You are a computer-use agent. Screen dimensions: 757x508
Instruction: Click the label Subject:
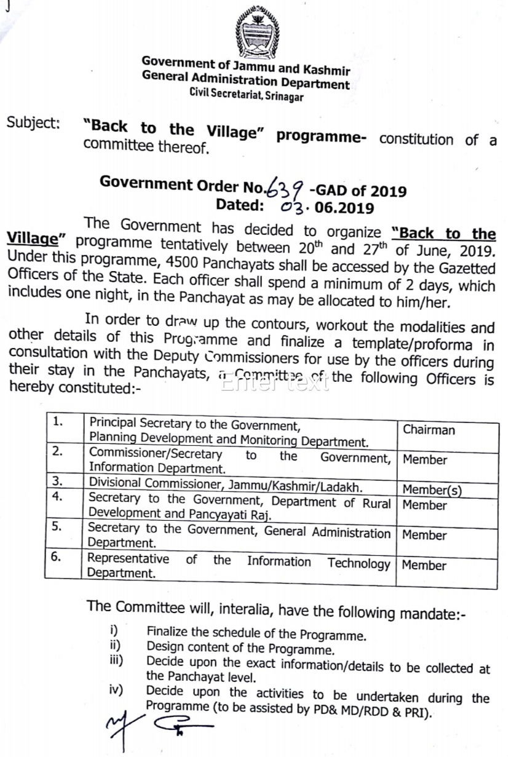[33, 122]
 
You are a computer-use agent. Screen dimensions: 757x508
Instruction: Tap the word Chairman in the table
[429, 429]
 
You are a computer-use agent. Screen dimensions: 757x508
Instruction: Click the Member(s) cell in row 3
[432, 489]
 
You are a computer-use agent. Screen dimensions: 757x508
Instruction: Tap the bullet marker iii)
[115, 661]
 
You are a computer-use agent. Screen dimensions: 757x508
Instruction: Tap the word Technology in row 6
[359, 563]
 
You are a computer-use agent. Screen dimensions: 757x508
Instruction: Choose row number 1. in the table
[58, 421]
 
